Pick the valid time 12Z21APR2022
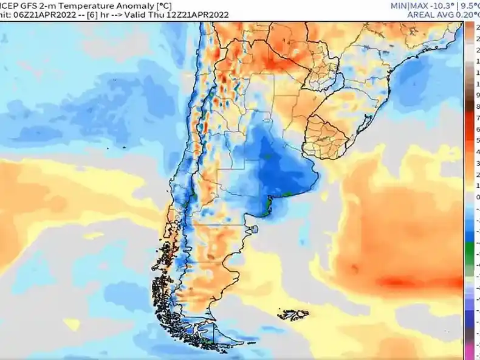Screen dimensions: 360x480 tap(197, 15)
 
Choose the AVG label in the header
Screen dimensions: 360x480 tap(444, 15)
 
